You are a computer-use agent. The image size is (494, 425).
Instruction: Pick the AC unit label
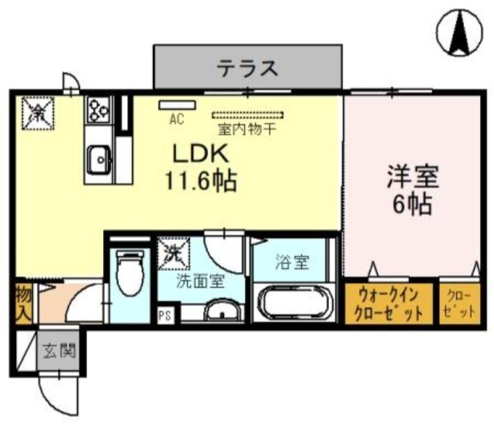coord(176,118)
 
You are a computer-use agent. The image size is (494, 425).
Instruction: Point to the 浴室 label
coord(292,264)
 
